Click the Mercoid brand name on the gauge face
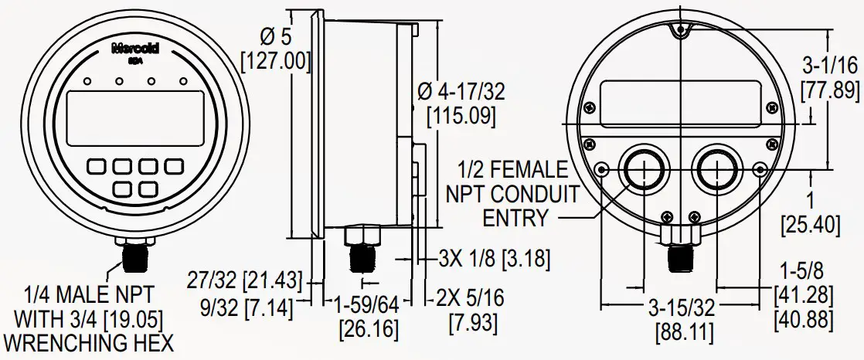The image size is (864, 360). [x=135, y=48]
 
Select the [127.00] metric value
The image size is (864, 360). [x=276, y=60]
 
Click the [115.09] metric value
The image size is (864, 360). [x=461, y=117]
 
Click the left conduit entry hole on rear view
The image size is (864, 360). [x=642, y=169]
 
